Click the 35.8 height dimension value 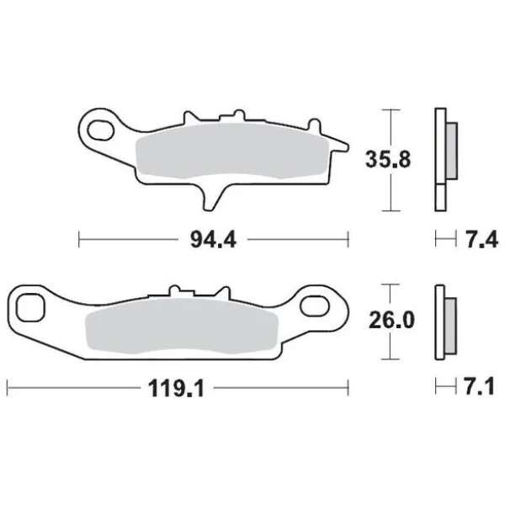pyautogui.click(x=388, y=160)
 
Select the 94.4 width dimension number pyautogui.click(x=213, y=240)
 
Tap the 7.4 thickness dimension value pyautogui.click(x=482, y=240)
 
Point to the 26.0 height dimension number pyautogui.click(x=391, y=321)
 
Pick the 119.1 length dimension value pyautogui.click(x=176, y=388)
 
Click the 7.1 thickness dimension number pyautogui.click(x=479, y=386)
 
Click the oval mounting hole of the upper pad pyautogui.click(x=100, y=130)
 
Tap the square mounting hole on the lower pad pyautogui.click(x=30, y=307)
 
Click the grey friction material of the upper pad pyautogui.click(x=232, y=151)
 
